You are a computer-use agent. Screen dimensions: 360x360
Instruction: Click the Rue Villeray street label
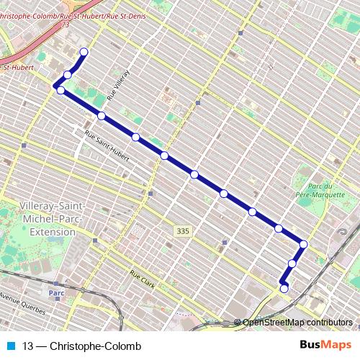click(120, 84)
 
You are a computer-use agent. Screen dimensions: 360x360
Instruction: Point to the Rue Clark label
click(143, 277)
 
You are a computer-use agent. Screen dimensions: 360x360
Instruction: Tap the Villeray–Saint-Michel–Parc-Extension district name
click(48, 219)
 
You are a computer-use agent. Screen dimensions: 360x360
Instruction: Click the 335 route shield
click(183, 230)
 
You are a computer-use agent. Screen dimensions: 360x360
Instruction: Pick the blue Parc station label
click(57, 293)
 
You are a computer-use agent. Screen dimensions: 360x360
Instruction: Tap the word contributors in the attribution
click(333, 323)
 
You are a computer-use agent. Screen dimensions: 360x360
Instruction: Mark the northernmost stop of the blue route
click(84, 52)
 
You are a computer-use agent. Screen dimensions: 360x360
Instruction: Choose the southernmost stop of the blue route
click(284, 289)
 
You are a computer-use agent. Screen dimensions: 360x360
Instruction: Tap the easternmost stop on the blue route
click(304, 245)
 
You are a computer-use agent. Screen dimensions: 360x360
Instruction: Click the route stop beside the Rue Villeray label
click(102, 116)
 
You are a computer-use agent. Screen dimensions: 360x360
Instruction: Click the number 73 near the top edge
click(66, 24)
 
